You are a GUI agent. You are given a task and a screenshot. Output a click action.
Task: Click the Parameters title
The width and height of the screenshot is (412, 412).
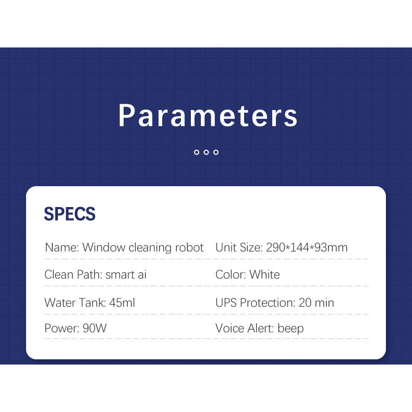208,116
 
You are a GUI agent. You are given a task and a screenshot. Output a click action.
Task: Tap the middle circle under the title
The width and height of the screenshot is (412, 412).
207,152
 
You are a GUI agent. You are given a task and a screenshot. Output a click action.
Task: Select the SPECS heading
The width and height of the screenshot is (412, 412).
70,214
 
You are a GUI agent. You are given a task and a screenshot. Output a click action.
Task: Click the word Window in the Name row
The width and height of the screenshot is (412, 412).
104,247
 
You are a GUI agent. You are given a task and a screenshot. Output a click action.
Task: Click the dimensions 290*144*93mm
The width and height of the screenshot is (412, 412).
307,247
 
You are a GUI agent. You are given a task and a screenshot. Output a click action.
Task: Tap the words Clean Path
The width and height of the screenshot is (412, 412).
74,274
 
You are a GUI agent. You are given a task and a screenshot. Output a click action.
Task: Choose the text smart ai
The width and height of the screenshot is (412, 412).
126,274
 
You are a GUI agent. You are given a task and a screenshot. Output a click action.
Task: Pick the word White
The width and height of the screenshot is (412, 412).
264,274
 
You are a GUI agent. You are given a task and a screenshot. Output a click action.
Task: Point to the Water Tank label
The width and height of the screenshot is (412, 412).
75,302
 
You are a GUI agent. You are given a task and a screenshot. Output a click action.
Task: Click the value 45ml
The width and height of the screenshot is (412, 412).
122,302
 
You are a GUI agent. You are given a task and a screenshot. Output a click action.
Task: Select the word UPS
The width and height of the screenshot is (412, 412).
226,302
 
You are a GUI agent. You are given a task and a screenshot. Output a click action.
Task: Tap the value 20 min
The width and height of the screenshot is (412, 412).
317,302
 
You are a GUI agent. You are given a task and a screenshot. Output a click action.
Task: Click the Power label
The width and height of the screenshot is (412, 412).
62,328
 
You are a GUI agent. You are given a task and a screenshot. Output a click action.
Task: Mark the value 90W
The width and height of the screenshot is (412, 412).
94,328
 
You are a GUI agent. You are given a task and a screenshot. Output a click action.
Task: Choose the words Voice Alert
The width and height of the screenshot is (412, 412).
245,328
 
